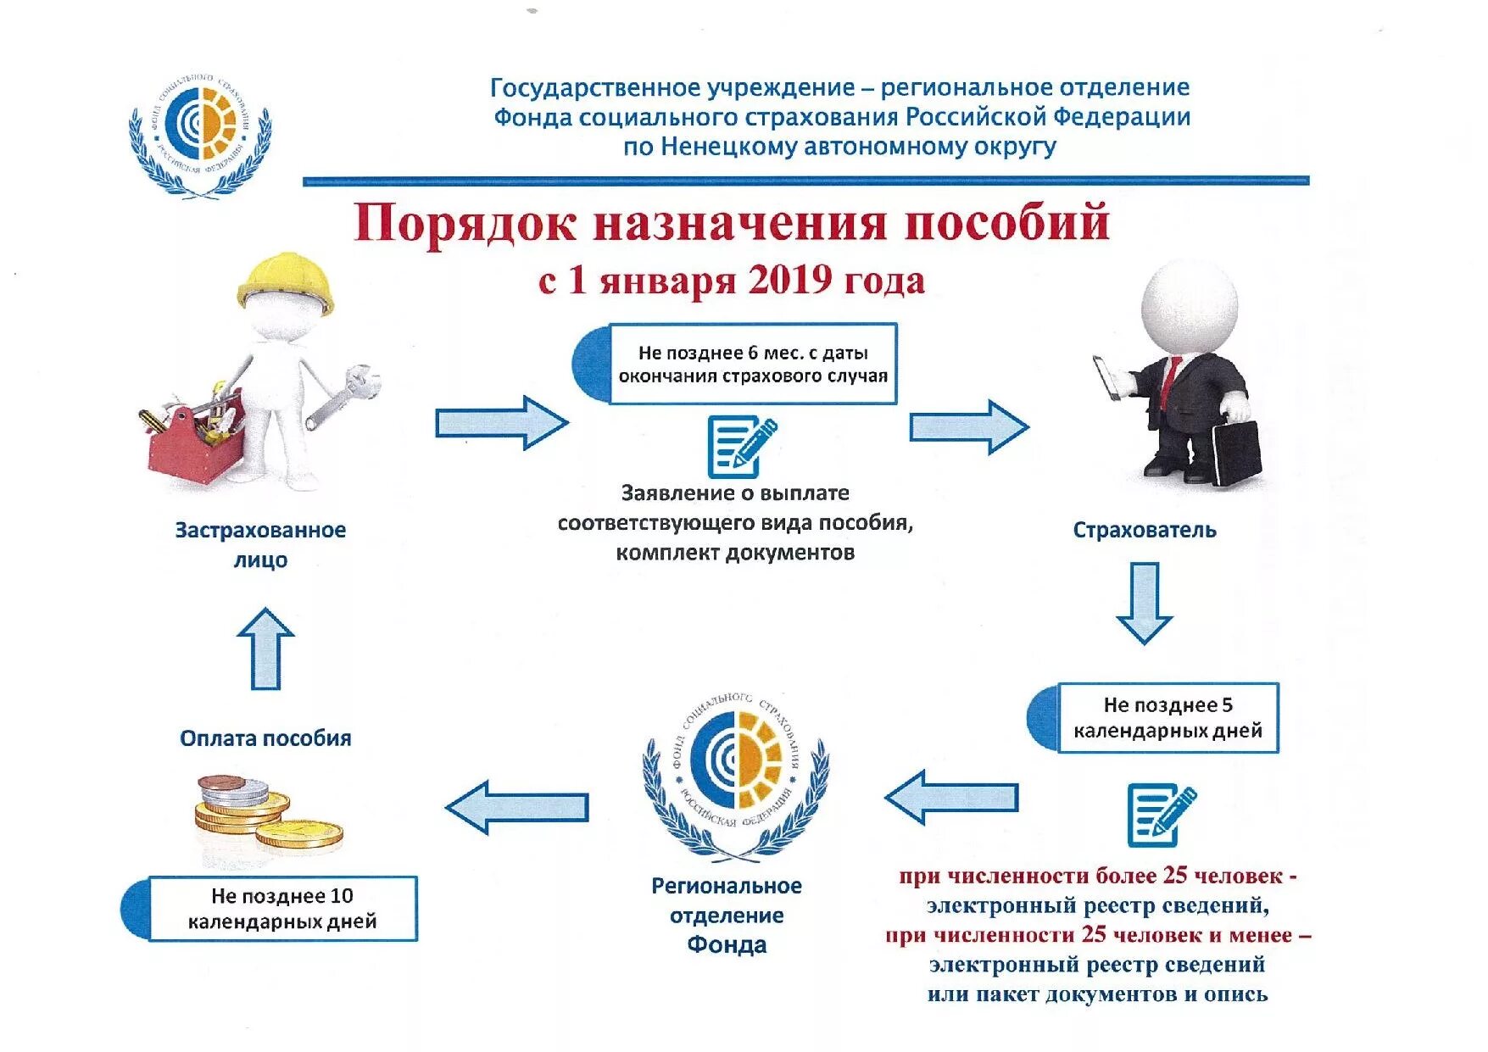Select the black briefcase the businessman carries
[1236, 453]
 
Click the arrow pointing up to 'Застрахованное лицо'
[266, 648]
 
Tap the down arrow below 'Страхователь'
[1145, 603]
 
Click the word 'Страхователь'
[1144, 530]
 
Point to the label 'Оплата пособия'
[265, 738]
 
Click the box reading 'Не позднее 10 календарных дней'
[282, 909]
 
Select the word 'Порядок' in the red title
[465, 223]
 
